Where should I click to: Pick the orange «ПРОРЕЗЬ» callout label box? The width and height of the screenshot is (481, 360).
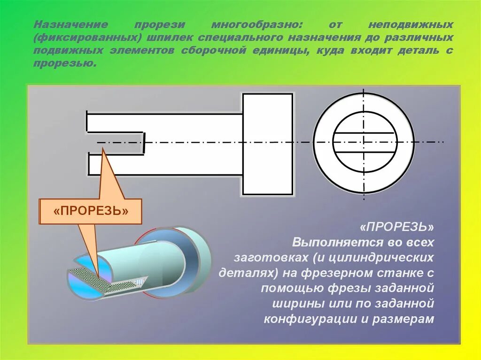[91, 211]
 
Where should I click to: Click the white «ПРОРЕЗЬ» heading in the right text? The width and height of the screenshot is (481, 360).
[397, 227]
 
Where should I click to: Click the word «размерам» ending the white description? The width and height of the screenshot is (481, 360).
[403, 319]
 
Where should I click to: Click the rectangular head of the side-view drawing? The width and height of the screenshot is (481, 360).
[267, 144]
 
